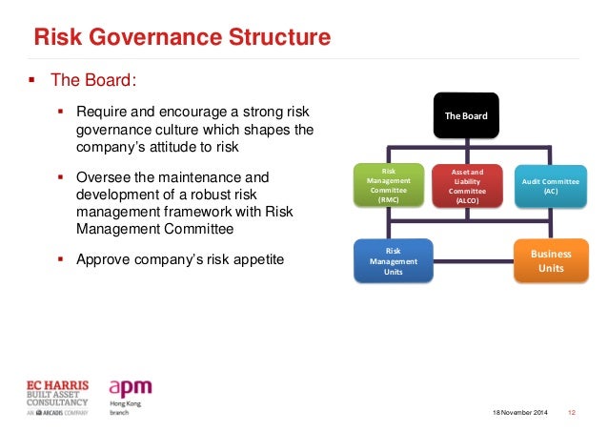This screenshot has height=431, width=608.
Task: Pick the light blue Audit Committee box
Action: coord(550,185)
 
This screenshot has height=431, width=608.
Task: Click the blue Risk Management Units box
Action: coord(394,261)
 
